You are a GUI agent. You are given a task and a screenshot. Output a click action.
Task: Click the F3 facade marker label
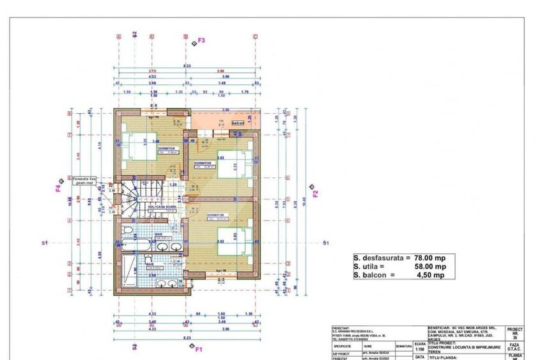tap(201, 40)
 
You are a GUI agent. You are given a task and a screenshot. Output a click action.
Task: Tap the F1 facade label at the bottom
tap(199, 349)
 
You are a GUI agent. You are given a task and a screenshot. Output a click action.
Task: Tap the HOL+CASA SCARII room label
tap(162, 207)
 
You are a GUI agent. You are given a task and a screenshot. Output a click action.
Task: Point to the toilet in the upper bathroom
tap(128, 231)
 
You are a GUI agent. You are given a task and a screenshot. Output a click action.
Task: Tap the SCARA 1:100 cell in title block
tap(419, 346)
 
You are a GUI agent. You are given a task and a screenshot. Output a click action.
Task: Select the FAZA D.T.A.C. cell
tap(514, 347)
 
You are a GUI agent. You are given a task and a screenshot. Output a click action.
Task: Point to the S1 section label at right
tap(325, 243)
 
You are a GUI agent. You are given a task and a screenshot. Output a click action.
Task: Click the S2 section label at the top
tap(134, 35)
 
